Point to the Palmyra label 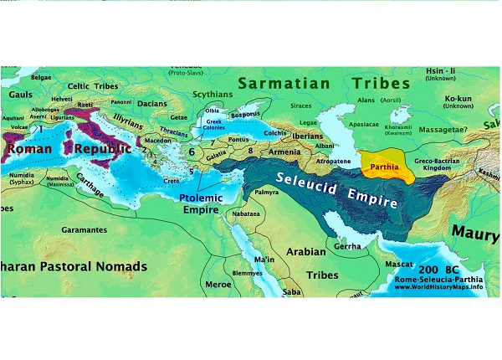pyautogui.click(x=266, y=192)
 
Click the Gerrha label pyautogui.click(x=348, y=246)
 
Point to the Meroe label pyautogui.click(x=218, y=283)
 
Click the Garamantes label pyautogui.click(x=83, y=229)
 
